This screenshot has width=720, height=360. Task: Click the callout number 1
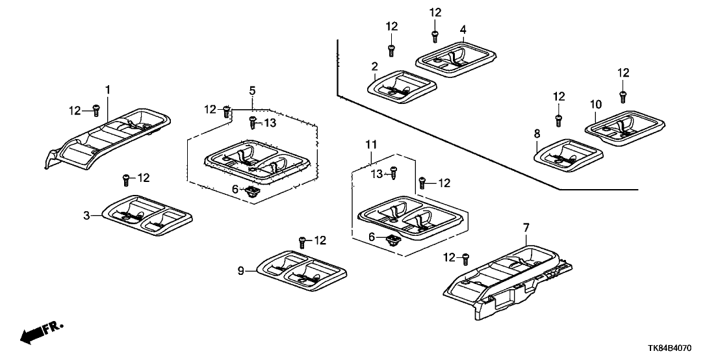(109, 88)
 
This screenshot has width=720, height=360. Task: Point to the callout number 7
(526, 227)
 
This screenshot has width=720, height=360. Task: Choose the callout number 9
(241, 270)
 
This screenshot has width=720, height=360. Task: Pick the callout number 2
(375, 66)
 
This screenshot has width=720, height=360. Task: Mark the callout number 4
(463, 29)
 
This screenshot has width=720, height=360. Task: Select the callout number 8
(537, 133)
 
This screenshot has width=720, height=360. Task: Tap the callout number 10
(596, 104)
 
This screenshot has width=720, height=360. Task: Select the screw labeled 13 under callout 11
(393, 173)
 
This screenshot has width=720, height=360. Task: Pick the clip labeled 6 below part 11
(393, 240)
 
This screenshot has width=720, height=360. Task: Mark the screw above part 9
(302, 242)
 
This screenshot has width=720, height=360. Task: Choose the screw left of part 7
(465, 259)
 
